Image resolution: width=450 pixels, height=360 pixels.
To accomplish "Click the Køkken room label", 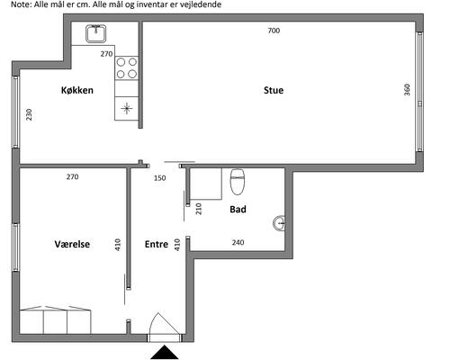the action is point(77,90).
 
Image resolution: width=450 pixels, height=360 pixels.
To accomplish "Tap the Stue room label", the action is point(274,90).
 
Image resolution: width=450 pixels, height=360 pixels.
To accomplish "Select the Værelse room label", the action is point(72,244).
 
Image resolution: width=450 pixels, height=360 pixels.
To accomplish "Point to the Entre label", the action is point(157,244).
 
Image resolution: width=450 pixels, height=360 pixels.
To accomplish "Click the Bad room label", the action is point(238,209).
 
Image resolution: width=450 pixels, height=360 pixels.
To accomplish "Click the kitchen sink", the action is point(96,33).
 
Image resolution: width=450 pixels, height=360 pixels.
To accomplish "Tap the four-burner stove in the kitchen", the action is point(127,67).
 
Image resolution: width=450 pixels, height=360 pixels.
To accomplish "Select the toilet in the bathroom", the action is point(238,182).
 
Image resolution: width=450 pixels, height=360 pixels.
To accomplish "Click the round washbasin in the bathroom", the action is point(279,223).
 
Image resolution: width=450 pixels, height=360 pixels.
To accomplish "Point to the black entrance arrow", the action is point(165,353).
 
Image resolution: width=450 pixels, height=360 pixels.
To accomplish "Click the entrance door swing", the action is point(165,323).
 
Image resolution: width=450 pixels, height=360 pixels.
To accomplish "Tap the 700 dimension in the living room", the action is point(274,31).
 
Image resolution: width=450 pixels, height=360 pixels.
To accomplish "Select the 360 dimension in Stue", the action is point(407,90).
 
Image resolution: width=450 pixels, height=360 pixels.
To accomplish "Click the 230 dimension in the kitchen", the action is point(29,114).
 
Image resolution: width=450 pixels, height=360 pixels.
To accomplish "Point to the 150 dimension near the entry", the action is point(160,178).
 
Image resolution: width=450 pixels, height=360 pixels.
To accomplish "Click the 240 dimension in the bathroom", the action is point(238,242).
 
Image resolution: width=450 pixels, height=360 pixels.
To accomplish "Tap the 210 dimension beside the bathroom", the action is point(199,209).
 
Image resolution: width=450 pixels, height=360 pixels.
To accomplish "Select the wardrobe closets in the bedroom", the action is point(55,319).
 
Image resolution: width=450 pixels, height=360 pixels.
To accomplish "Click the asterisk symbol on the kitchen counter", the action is point(127,108).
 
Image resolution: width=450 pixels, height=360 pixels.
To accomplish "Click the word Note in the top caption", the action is point(21,4).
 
